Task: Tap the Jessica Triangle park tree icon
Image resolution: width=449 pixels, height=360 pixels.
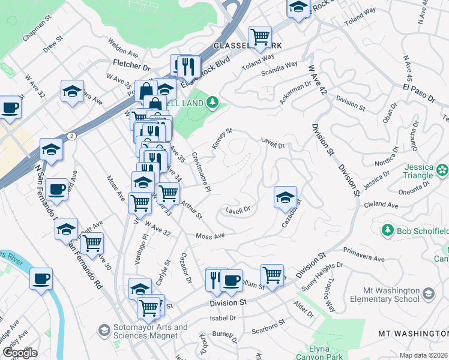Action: pyautogui.click(x=442, y=170)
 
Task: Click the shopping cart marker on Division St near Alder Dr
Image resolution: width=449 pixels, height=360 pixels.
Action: pyautogui.click(x=272, y=275)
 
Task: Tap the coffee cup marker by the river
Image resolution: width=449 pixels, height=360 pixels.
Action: pyautogui.click(x=41, y=278)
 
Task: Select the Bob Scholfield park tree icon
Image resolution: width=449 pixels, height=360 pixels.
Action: pyautogui.click(x=388, y=230)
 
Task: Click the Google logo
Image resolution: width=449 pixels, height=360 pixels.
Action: pyautogui.click(x=20, y=353)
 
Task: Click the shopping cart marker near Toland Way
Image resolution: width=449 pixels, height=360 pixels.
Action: pyautogui.click(x=261, y=37)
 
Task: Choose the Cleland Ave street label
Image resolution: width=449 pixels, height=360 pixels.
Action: pyautogui.click(x=382, y=205)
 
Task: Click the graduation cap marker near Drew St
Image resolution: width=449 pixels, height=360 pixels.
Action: pyautogui.click(x=72, y=92)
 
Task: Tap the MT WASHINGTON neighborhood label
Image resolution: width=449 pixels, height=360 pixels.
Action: pyautogui.click(x=413, y=333)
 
